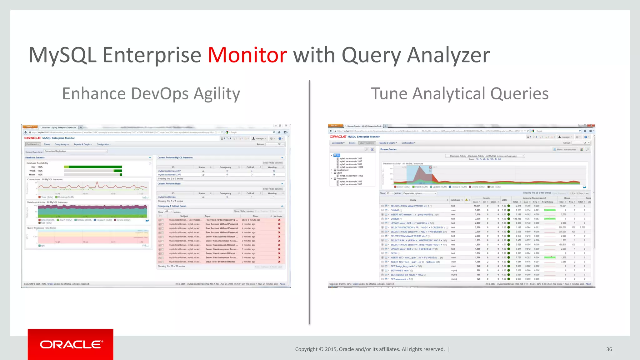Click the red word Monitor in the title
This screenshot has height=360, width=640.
click(247, 55)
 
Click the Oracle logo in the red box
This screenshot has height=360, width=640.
click(71, 344)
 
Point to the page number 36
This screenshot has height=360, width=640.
click(609, 349)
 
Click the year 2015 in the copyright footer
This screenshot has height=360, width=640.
click(331, 349)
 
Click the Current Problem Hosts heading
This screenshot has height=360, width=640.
click(169, 184)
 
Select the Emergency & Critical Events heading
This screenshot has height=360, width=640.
click(172, 206)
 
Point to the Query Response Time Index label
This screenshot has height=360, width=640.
click(42, 228)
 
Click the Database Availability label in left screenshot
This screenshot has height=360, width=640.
click(37, 163)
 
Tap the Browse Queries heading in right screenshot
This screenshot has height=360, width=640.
click(388, 149)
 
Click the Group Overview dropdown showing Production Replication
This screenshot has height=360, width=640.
click(75, 151)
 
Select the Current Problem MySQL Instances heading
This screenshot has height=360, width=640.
click(175, 157)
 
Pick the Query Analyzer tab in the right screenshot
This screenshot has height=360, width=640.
click(367, 143)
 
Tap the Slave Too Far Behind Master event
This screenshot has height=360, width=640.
click(220, 262)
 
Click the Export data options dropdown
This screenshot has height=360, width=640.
click(419, 193)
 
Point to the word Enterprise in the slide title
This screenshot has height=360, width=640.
click(152, 55)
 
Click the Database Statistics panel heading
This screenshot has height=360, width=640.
click(35, 157)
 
